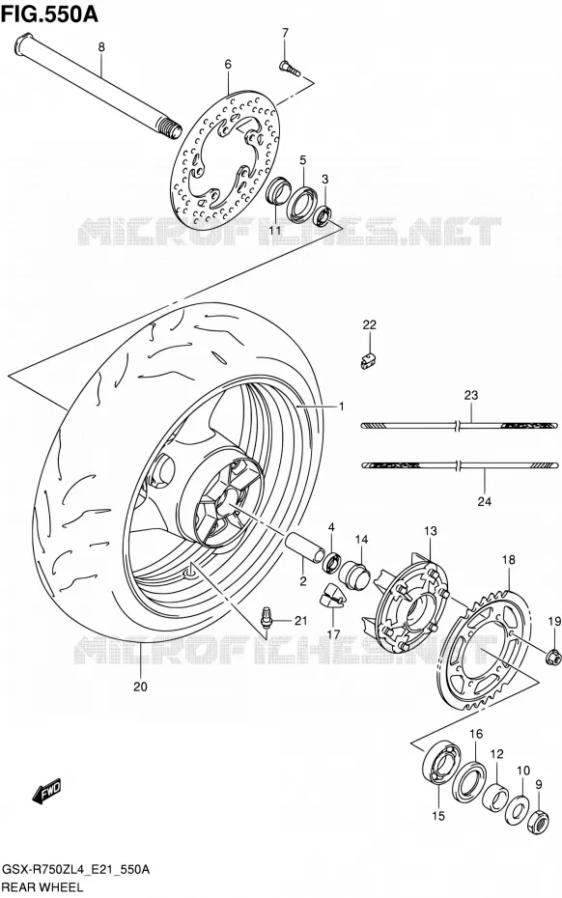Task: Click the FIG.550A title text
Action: (49, 14)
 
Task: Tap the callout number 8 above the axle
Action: (101, 47)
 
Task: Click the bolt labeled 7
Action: (290, 69)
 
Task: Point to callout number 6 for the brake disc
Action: (228, 65)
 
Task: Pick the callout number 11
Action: (274, 230)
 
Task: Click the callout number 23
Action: (471, 395)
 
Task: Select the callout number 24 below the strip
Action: (485, 502)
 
